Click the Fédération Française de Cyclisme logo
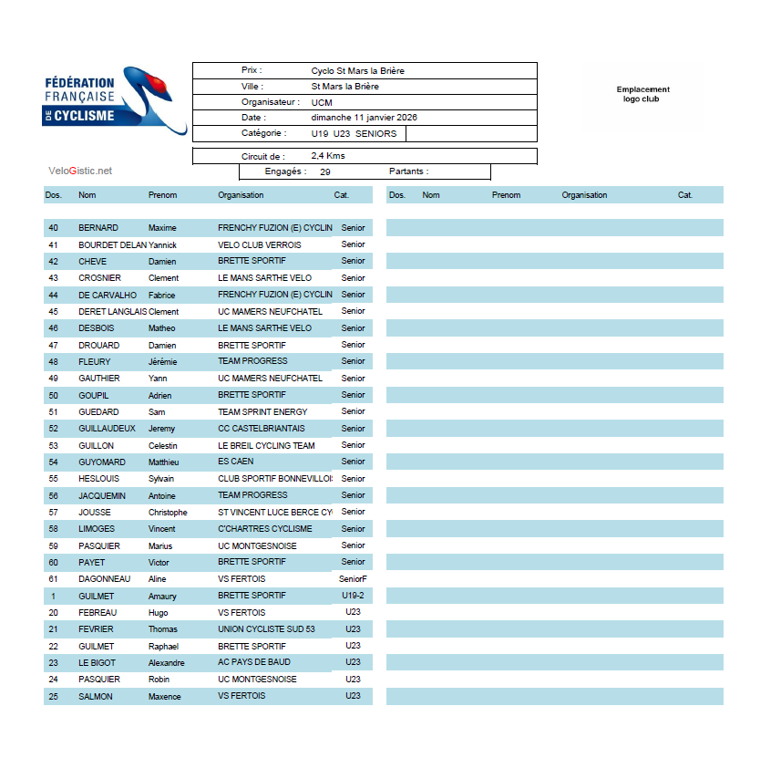point(114,99)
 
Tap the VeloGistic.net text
point(80,171)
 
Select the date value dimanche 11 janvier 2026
point(364,118)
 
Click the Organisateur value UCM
point(322,102)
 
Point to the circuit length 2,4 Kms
point(328,156)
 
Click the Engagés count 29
point(325,171)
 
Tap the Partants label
point(408,171)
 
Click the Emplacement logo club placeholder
point(642,94)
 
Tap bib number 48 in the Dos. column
point(53,361)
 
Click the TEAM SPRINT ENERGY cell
point(262,412)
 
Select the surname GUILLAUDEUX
point(107,429)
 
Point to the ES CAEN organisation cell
point(236,462)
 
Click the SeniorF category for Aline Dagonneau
point(352,579)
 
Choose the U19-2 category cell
point(353,596)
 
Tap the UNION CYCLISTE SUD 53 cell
point(266,629)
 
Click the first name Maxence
point(165,697)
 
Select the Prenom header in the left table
point(162,195)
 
